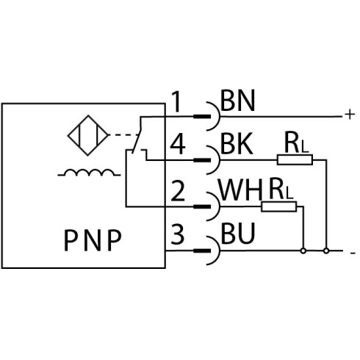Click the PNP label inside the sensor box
pyautogui.click(x=93, y=240)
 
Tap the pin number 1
pyautogui.click(x=177, y=101)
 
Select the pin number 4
pyautogui.click(x=178, y=145)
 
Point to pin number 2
pyautogui.click(x=178, y=191)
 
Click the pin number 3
pyautogui.click(x=177, y=234)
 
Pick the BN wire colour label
pyautogui.click(x=237, y=101)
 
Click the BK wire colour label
pyautogui.click(x=237, y=144)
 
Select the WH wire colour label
pyautogui.click(x=240, y=190)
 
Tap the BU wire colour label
pyautogui.click(x=238, y=234)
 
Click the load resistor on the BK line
pyautogui.click(x=295, y=159)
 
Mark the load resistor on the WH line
pyautogui.click(x=279, y=206)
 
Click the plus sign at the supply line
pyautogui.click(x=350, y=114)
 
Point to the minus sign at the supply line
pyautogui.click(x=353, y=253)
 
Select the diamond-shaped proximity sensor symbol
pyautogui.click(x=88, y=135)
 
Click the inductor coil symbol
pyautogui.click(x=89, y=173)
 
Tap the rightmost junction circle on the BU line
pyautogui.click(x=326, y=251)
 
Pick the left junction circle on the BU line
pyautogui.click(x=303, y=251)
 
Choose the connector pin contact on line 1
pyautogui.click(x=202, y=116)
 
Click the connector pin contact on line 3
pyautogui.click(x=202, y=251)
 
